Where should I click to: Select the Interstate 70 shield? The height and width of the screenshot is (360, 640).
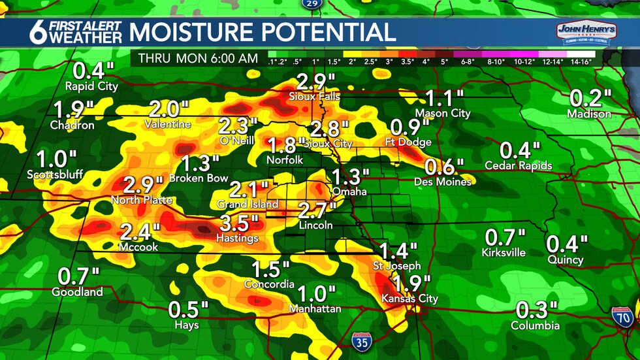point(623,316)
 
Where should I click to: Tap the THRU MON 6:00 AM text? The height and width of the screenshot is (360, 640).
point(198,58)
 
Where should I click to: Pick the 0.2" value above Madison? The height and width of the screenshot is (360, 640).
point(590,99)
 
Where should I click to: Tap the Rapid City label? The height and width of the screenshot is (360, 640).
point(91,86)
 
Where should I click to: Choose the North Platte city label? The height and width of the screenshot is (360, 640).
point(142,199)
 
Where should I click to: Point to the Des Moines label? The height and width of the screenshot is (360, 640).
point(443,182)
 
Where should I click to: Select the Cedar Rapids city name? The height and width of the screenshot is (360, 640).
point(519,166)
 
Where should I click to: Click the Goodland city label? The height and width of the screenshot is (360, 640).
point(77,292)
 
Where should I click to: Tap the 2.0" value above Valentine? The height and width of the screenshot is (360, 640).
point(168,108)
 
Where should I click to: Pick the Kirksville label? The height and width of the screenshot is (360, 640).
point(503,252)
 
